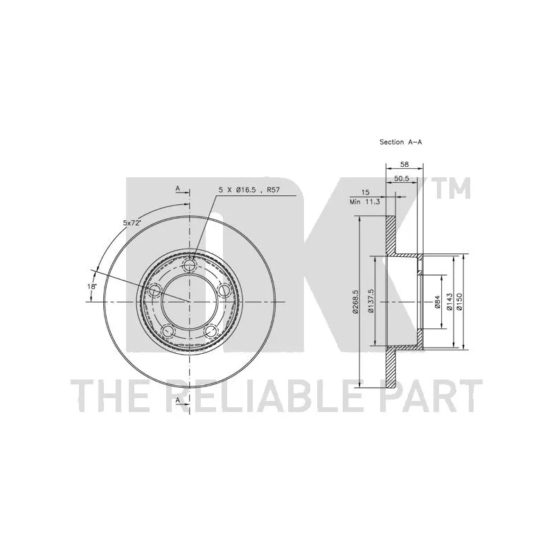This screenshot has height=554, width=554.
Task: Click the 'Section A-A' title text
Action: [401, 142]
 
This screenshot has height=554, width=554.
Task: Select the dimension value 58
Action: [404, 164]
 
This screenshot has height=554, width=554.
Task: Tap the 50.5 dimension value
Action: [402, 179]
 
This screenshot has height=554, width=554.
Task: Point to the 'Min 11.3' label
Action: [365, 202]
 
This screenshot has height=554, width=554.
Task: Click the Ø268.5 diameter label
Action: [355, 302]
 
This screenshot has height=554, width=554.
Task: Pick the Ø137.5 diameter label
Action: [370, 301]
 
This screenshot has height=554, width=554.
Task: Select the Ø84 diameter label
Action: [437, 302]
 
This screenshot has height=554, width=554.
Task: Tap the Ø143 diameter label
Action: [449, 301]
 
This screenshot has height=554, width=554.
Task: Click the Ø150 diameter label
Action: [459, 301]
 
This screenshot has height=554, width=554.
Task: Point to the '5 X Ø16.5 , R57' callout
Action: [249, 190]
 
